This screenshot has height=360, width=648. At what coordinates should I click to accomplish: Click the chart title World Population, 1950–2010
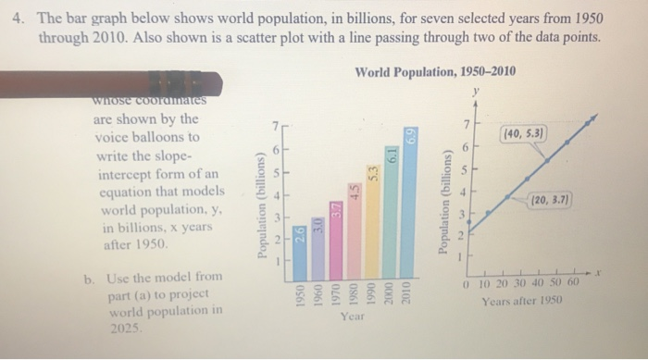tap(435, 72)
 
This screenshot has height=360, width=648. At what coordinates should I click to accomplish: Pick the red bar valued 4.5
tap(353, 227)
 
